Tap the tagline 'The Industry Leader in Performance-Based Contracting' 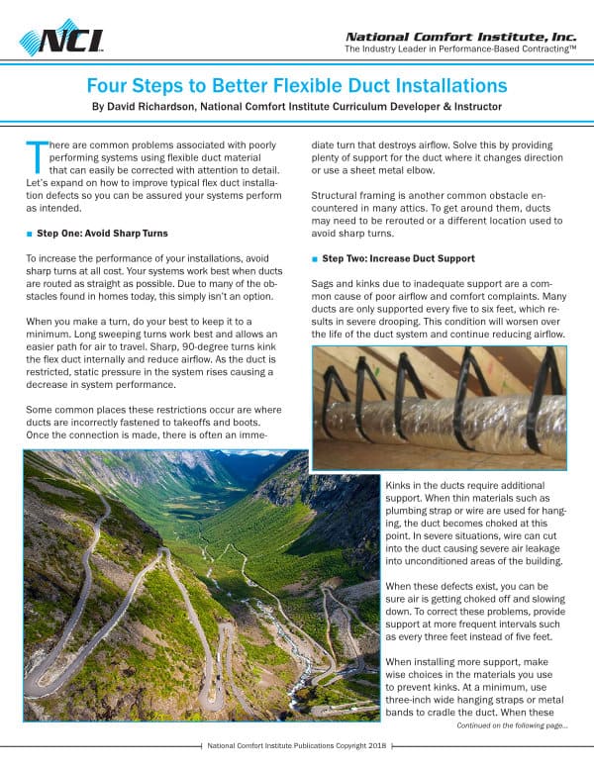point(459,48)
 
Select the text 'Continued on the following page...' point(511,725)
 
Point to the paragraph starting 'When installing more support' point(475,689)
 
